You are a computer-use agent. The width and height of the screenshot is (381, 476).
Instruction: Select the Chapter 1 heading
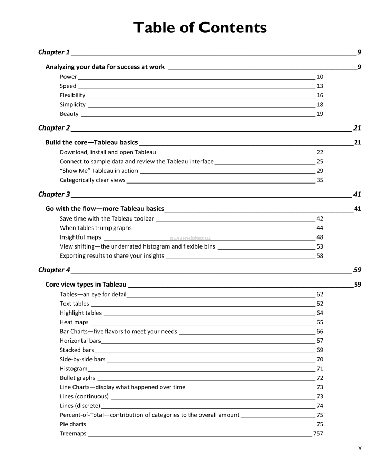(54, 52)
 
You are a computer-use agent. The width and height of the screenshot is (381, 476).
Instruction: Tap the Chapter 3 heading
(54, 194)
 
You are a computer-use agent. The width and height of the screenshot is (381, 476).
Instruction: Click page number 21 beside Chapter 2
(357, 128)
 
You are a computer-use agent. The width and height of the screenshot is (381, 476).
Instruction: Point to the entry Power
(68, 77)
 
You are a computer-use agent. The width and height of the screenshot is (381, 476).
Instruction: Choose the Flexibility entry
(72, 95)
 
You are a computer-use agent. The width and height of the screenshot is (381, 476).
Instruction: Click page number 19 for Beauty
(320, 114)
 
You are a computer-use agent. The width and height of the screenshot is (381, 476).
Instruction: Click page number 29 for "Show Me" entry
(320, 171)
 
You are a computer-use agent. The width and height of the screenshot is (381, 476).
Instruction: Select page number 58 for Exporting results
(320, 256)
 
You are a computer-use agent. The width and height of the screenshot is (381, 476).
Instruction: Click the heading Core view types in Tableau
(85, 284)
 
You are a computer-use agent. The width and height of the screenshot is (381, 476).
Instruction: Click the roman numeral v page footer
(360, 448)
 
